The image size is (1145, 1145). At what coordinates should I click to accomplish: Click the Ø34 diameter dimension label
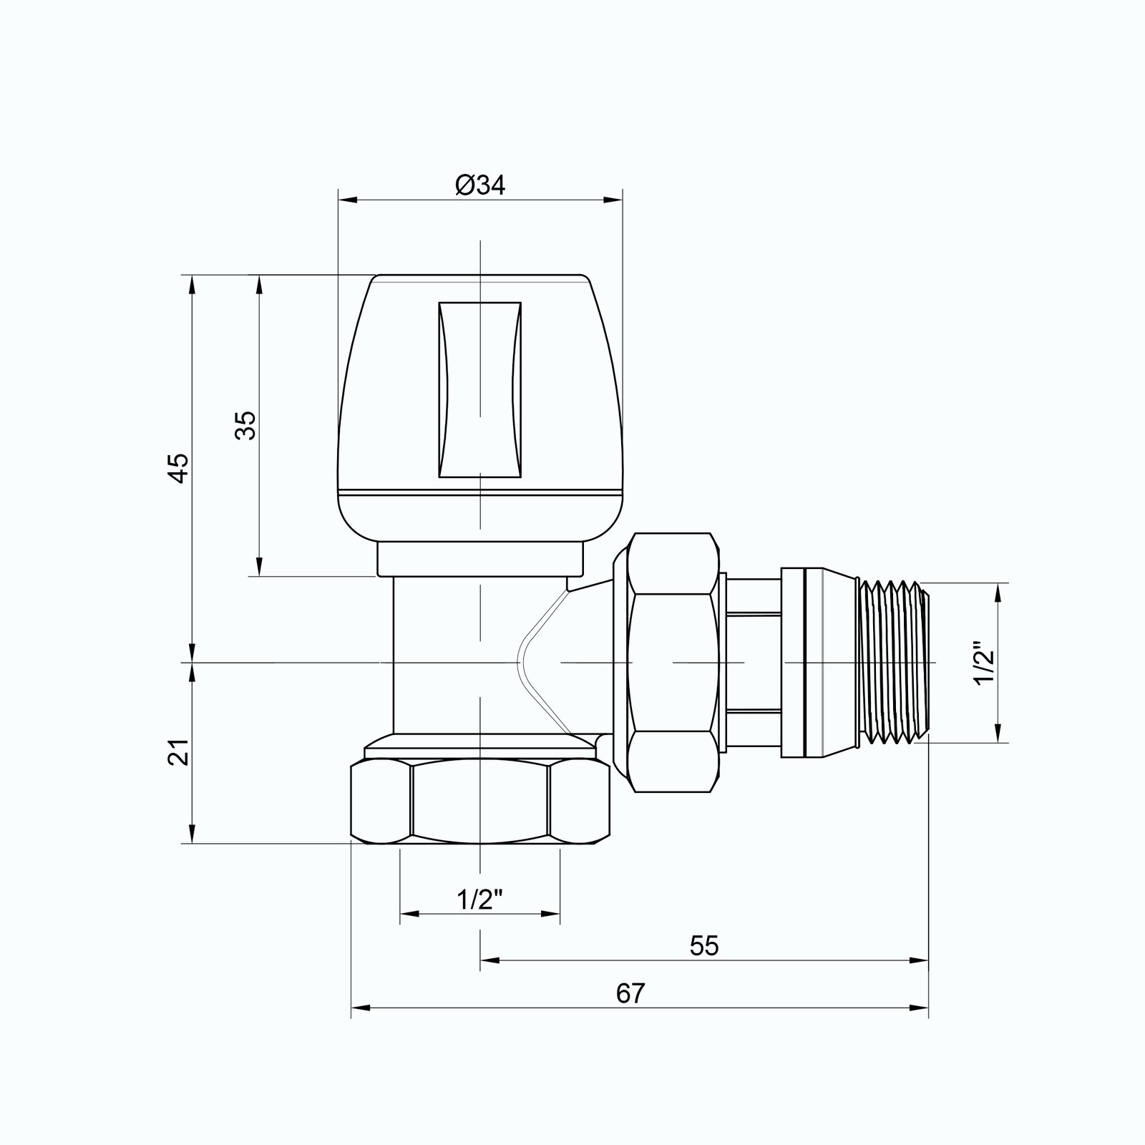point(480,185)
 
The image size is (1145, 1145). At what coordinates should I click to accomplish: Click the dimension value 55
point(703,946)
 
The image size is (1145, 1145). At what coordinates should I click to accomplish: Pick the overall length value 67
point(630,993)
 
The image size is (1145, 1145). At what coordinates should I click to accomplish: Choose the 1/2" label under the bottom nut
point(480,900)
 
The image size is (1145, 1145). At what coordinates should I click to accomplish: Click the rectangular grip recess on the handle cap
point(479,389)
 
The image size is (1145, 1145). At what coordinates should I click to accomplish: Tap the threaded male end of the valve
point(895,663)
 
